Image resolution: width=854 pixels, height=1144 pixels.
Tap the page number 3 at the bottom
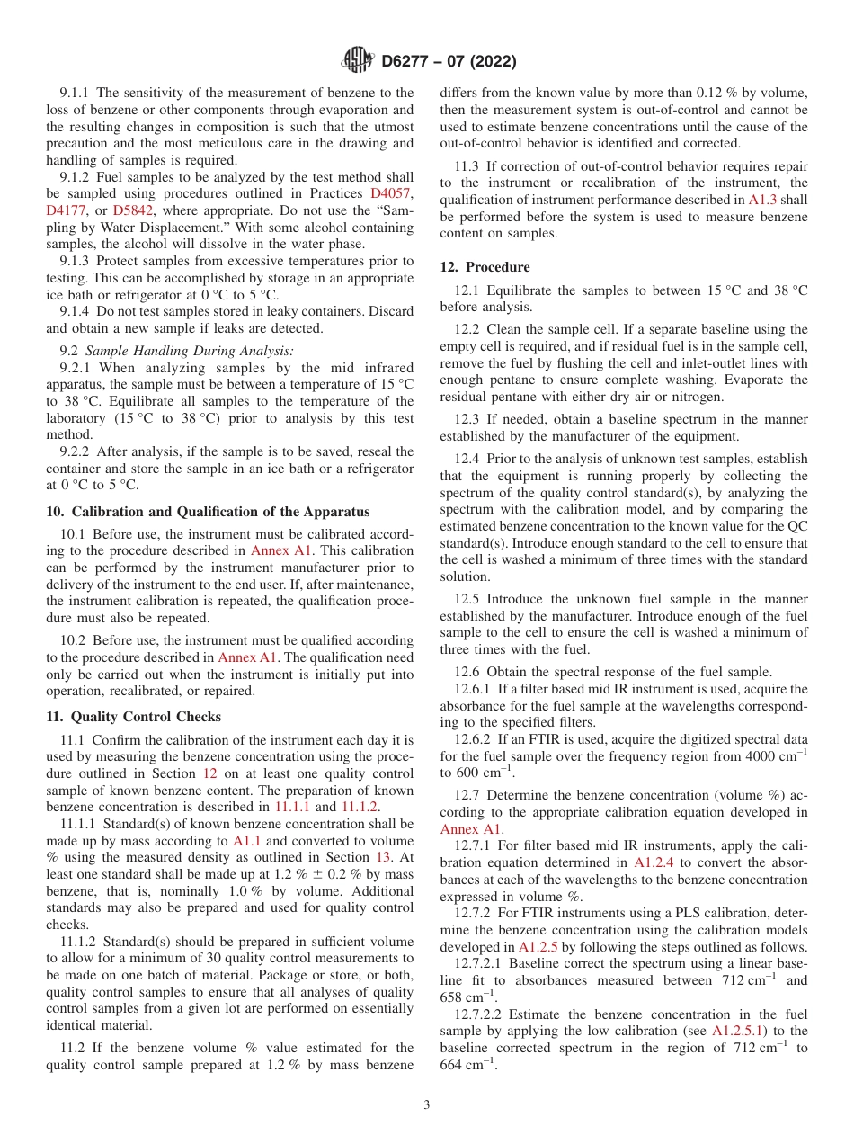tap(427, 1104)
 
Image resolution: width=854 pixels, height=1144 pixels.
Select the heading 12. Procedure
tap(485, 267)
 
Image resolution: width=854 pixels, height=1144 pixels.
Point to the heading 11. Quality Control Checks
tap(133, 717)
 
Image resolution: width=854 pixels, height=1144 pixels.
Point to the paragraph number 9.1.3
tap(76, 261)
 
